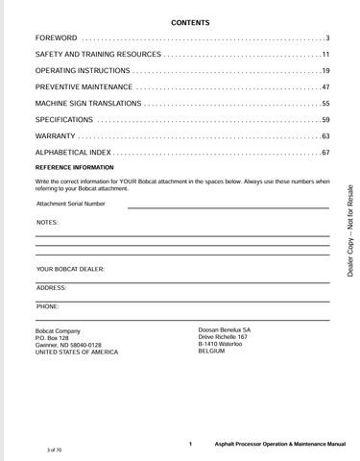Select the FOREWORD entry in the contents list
coord(57,37)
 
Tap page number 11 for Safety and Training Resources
coord(325,54)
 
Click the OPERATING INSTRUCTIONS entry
coord(82,70)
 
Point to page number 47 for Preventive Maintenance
coord(325,86)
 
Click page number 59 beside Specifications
coord(325,119)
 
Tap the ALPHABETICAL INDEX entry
coord(76,152)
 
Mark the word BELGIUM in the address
coord(211,352)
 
